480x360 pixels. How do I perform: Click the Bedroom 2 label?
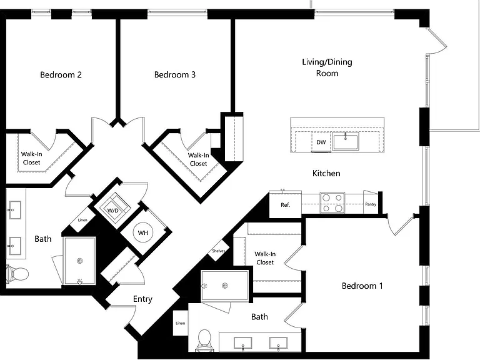61,75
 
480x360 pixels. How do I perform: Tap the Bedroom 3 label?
175,75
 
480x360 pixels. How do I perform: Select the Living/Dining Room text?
327,67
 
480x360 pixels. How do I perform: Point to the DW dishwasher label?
321,142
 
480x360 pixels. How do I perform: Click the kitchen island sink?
346,142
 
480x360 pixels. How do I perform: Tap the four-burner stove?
332,203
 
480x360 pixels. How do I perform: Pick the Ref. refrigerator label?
285,205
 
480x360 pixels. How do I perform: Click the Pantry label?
371,204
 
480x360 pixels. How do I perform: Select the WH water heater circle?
143,233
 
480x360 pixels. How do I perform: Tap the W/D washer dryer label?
113,211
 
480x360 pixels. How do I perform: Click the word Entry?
142,299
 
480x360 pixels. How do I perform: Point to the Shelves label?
219,251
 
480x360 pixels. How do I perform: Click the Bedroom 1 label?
362,286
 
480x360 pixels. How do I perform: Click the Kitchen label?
326,173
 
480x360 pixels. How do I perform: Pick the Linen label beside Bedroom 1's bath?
181,323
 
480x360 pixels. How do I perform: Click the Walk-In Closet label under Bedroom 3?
198,159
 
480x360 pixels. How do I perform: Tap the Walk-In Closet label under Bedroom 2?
31,158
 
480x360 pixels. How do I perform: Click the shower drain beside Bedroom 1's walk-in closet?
225,286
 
